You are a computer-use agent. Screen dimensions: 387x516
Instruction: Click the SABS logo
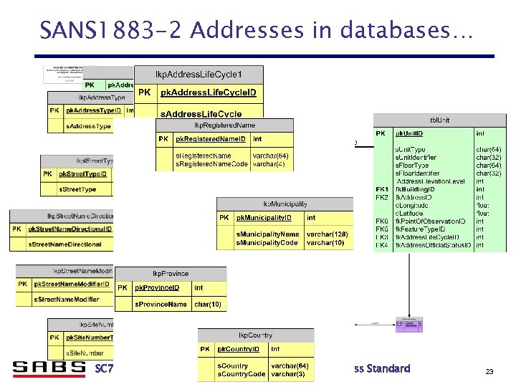tap(48, 368)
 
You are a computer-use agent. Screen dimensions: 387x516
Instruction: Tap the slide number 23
tap(490, 371)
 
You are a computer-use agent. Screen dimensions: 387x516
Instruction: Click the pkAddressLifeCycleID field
tap(208, 92)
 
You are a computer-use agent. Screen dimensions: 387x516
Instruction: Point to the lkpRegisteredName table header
tap(224, 125)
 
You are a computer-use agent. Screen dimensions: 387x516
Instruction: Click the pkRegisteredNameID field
tap(212, 139)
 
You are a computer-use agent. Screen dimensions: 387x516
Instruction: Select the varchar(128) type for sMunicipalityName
tap(327, 234)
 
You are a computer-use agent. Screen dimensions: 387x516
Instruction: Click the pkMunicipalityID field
tap(267, 218)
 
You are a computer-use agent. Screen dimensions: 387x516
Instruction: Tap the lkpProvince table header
tap(170, 274)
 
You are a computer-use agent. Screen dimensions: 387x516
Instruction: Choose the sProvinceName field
tap(162, 305)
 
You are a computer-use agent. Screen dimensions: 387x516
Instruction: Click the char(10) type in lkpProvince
tap(208, 305)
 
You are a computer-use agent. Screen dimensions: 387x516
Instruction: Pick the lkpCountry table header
tap(255, 335)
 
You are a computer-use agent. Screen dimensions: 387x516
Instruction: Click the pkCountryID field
tap(241, 349)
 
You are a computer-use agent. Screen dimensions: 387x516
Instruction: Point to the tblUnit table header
tap(439, 120)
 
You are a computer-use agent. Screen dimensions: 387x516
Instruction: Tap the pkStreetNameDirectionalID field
tap(70, 229)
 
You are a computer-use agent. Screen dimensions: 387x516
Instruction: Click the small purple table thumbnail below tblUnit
tap(409, 325)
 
